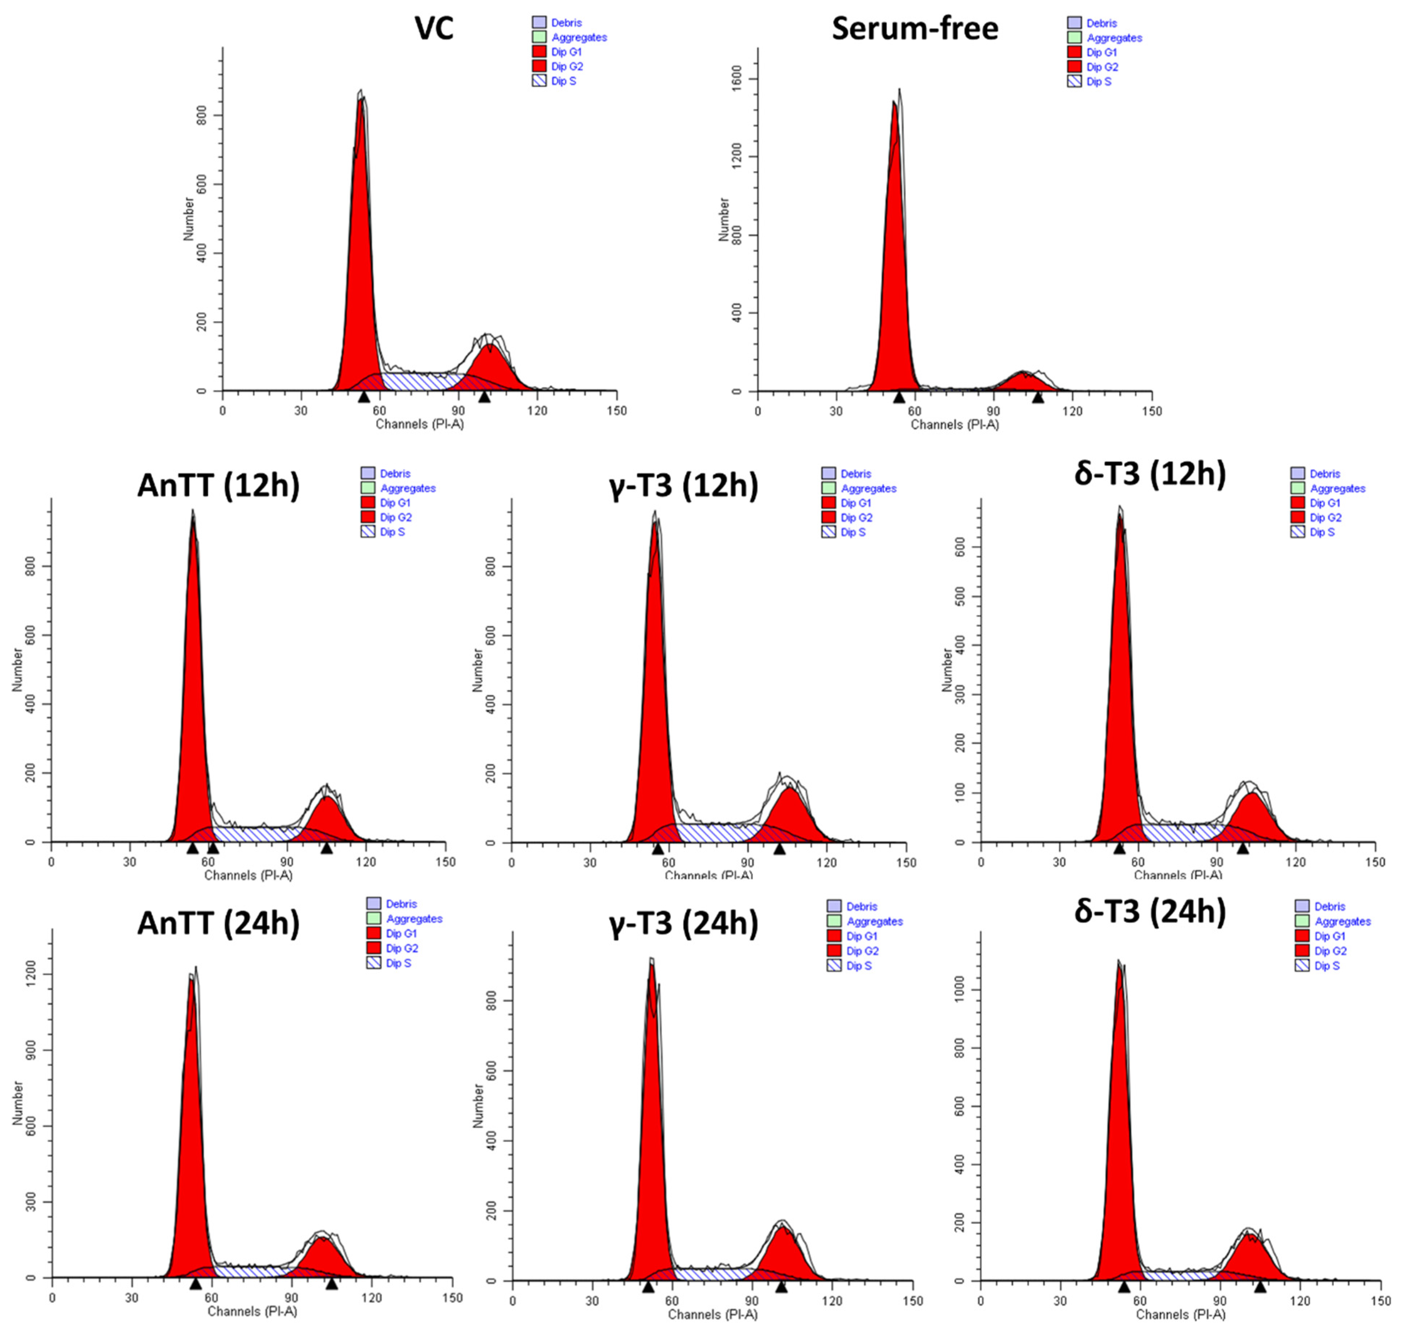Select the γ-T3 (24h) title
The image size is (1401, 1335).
(683, 923)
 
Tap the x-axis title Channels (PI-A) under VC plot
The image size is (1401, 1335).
(419, 424)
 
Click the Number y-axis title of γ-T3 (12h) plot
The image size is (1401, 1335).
(478, 670)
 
